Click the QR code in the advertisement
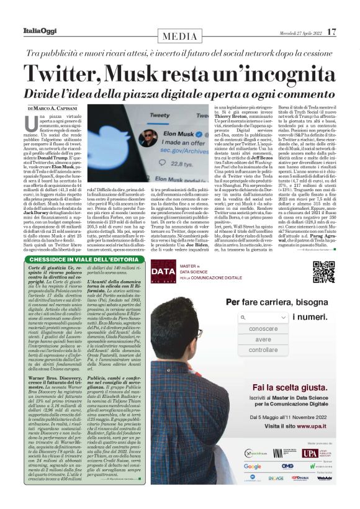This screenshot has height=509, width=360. tap(324, 271)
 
